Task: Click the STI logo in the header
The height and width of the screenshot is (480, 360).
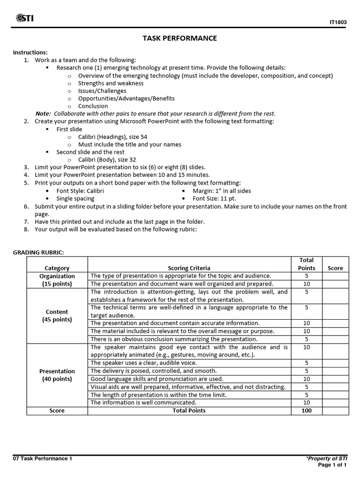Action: (24, 18)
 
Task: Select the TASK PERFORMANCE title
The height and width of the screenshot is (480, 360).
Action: (180, 38)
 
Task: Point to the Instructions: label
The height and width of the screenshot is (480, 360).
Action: (30, 52)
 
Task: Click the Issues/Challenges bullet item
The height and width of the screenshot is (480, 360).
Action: (102, 91)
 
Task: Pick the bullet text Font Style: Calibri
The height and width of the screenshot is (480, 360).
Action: (80, 191)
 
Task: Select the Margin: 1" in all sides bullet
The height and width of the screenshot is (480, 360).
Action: (222, 191)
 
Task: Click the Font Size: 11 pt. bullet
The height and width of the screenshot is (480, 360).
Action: (214, 198)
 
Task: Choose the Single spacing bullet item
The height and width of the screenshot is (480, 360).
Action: (75, 198)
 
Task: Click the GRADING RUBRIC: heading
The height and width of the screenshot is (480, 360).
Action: (38, 253)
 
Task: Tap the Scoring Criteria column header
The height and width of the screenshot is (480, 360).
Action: (189, 268)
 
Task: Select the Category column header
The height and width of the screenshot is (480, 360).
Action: (57, 268)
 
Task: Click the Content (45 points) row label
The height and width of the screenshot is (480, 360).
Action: (57, 315)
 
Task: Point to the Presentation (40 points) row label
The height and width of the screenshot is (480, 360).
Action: (57, 375)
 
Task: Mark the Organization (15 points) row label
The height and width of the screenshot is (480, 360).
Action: (57, 280)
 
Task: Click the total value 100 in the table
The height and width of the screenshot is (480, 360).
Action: (307, 411)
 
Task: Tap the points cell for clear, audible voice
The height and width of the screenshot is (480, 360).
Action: (307, 363)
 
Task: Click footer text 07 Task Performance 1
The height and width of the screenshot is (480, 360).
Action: (42, 458)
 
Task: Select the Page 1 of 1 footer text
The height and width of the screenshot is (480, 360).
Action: (332, 465)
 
